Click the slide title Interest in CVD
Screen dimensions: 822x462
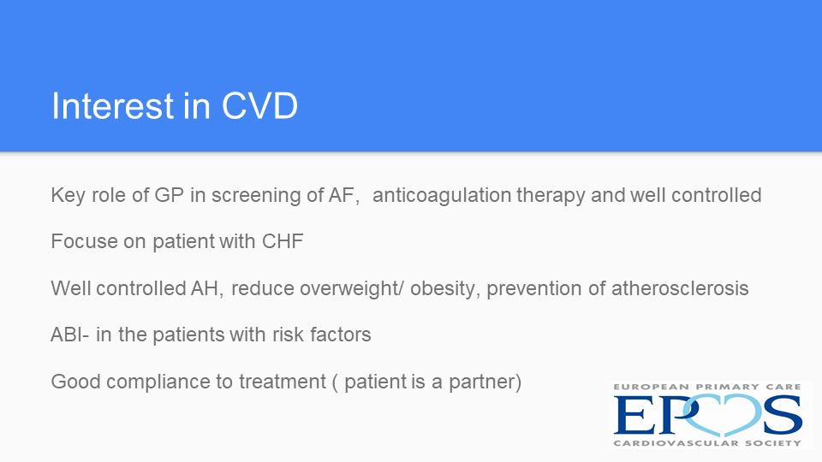175,106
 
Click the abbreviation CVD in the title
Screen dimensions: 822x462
260,106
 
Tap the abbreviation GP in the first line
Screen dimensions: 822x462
169,195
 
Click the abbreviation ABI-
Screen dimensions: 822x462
69,335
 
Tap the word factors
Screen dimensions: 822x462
341,335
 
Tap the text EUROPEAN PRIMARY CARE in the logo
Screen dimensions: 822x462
707,387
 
